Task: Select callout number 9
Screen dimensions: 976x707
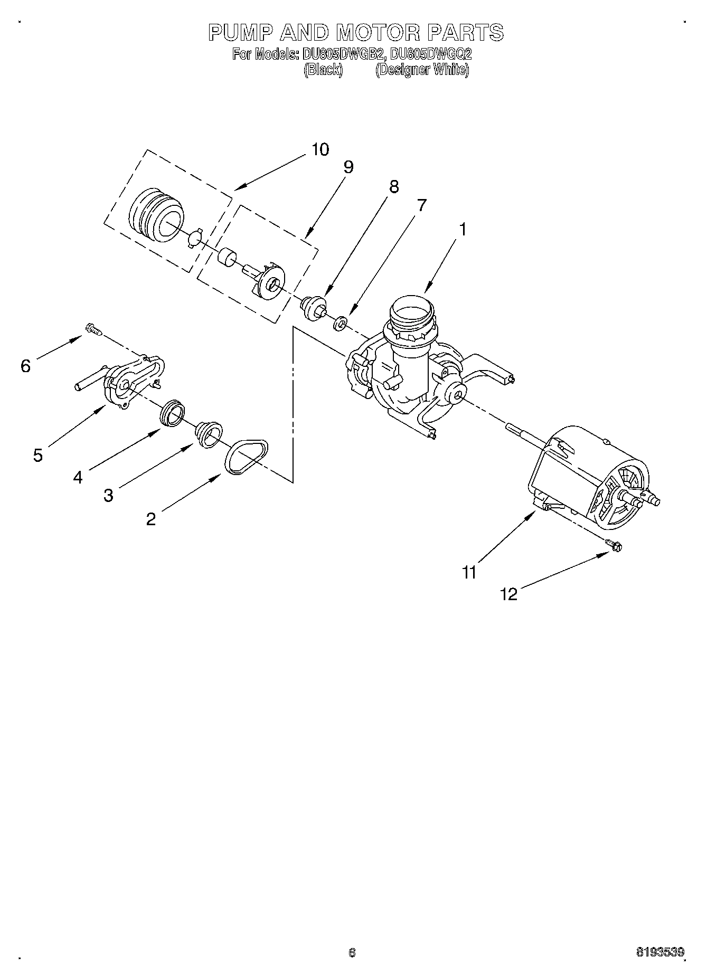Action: pyautogui.click(x=347, y=167)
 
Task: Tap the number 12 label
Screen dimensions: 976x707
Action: pyautogui.click(x=508, y=594)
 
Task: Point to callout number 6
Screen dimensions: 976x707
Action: pyautogui.click(x=25, y=366)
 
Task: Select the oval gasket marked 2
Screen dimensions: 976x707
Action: pyautogui.click(x=246, y=456)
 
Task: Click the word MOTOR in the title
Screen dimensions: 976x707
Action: pyautogui.click(x=378, y=33)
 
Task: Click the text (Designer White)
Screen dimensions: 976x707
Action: pyautogui.click(x=422, y=70)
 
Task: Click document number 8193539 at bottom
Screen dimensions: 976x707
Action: pyautogui.click(x=659, y=953)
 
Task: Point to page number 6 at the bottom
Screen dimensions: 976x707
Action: pyautogui.click(x=352, y=953)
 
